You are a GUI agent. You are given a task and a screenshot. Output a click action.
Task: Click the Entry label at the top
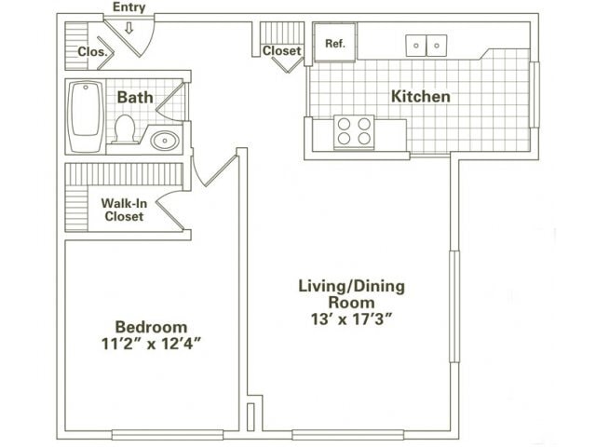click(129, 7)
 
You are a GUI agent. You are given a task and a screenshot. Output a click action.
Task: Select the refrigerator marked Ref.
click(334, 44)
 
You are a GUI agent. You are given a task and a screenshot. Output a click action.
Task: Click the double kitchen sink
click(426, 45)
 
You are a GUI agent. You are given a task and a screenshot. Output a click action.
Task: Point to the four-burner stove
click(354, 131)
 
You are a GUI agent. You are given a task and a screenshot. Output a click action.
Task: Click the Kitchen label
click(420, 96)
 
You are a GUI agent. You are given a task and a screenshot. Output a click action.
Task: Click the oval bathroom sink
click(166, 141)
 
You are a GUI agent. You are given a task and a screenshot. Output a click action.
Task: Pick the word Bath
click(134, 95)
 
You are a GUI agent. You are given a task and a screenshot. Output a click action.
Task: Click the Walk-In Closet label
click(123, 209)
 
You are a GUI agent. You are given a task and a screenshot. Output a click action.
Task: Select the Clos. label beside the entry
click(91, 52)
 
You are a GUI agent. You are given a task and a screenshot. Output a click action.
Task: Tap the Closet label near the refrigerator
click(281, 51)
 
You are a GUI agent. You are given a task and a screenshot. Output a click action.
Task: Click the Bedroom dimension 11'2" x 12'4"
click(151, 344)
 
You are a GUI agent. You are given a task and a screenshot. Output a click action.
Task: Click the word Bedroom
click(151, 327)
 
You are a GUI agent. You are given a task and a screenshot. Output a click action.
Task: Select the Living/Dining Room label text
click(350, 293)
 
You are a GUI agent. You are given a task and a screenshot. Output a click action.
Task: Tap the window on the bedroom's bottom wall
click(168, 434)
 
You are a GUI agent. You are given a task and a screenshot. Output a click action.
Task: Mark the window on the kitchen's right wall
click(534, 94)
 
